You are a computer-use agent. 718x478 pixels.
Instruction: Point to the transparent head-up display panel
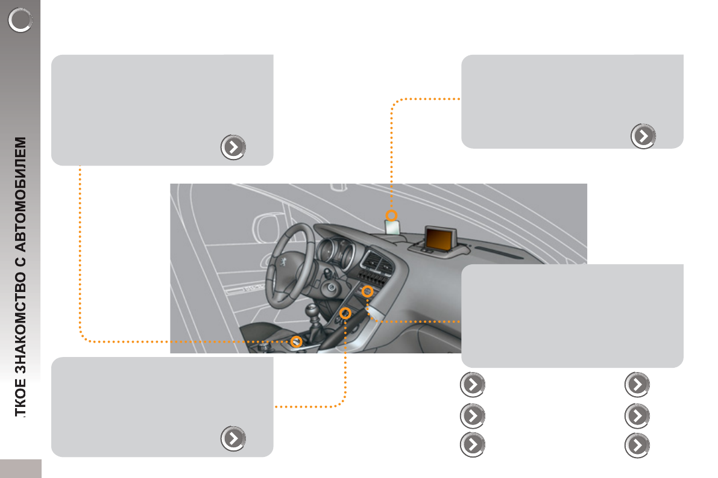pyautogui.click(x=393, y=228)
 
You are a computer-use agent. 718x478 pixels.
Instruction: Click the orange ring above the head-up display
pyautogui.click(x=392, y=215)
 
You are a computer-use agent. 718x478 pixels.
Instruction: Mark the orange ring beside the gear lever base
pyautogui.click(x=296, y=341)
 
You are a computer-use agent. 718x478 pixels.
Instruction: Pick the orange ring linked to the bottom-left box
pyautogui.click(x=345, y=313)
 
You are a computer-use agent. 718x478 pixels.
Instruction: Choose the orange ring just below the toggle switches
pyautogui.click(x=367, y=291)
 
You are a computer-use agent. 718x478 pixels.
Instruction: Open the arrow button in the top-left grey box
pyautogui.click(x=233, y=147)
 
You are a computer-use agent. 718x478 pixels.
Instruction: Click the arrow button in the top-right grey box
pyautogui.click(x=643, y=136)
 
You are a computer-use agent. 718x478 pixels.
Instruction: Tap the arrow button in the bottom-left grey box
pyautogui.click(x=233, y=439)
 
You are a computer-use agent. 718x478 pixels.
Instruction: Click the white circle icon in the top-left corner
pyautogui.click(x=20, y=21)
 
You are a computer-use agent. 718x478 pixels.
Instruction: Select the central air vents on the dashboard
pyautogui.click(x=377, y=261)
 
